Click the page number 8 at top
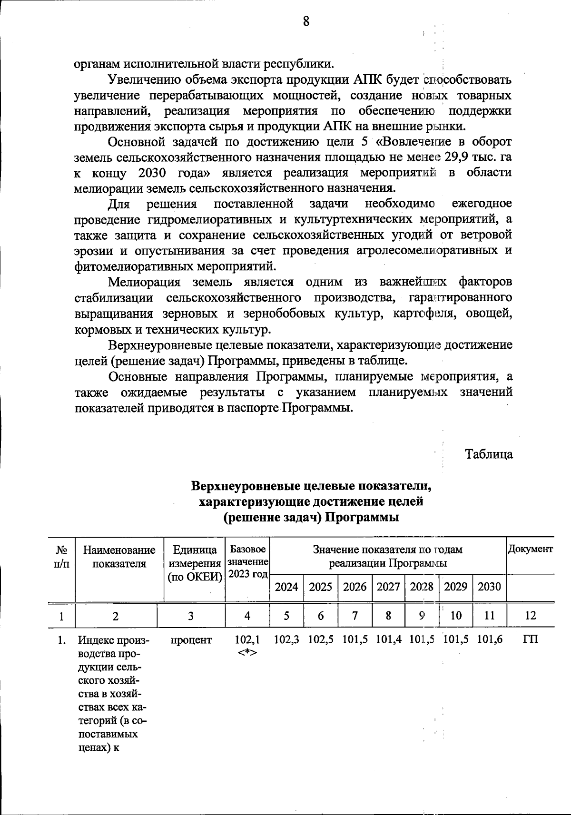point(306,21)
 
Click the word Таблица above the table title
point(489,454)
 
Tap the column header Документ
point(531,549)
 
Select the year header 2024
point(286,587)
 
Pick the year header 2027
point(388,587)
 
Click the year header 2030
point(489,587)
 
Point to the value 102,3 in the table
point(286,640)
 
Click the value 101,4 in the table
point(388,640)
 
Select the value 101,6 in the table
point(490,640)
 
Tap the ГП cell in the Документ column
point(531,640)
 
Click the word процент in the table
point(191,640)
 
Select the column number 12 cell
point(530,616)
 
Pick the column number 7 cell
point(355,616)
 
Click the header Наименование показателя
point(119,557)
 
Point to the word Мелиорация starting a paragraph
point(144,282)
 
